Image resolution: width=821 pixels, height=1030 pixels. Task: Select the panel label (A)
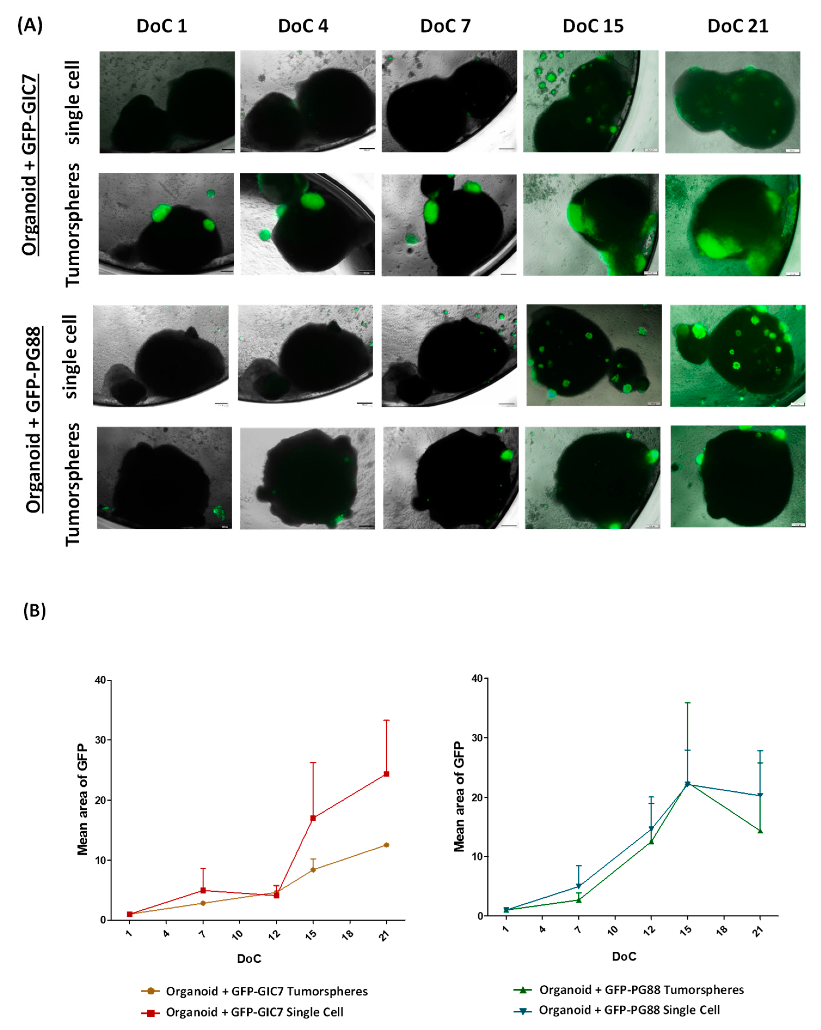30,25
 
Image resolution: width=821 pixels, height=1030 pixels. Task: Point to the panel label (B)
34,610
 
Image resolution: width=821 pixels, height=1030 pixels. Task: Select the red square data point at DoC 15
313,818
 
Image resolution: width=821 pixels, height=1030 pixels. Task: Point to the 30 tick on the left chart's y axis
100,740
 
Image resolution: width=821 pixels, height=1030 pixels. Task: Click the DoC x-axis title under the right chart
624,956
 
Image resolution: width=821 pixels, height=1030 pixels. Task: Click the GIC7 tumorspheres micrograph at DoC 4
308,224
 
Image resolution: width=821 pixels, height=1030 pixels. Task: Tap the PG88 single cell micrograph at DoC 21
737,356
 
